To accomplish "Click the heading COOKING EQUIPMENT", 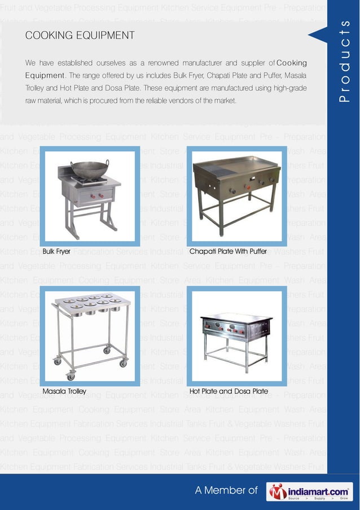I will tap(80, 36).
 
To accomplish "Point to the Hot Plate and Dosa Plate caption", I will tap(229, 391).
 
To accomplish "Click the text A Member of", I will tap(226, 491).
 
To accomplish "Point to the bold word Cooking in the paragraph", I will tap(292, 62).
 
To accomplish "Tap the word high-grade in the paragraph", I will tap(288, 88).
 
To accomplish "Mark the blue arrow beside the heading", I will tap(317, 35).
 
